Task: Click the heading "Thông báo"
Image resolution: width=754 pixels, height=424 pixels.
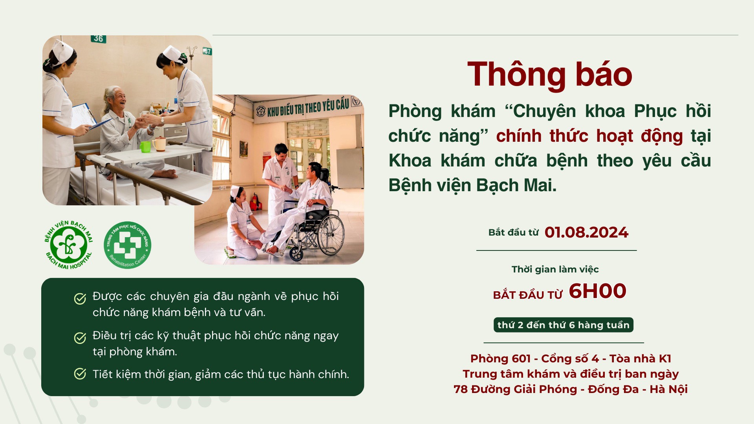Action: [550, 75]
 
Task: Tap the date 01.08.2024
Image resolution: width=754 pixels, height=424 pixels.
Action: [586, 232]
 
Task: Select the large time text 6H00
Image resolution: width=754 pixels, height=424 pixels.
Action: [597, 291]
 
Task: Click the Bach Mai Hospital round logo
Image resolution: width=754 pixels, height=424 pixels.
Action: [68, 245]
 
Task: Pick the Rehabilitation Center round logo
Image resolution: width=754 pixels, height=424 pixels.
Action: [127, 245]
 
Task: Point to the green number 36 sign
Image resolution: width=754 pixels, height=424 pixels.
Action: [98, 38]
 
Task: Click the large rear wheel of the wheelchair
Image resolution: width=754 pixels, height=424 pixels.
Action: [331, 235]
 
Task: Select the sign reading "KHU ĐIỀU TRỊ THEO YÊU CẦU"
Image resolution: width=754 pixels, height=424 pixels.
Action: [308, 107]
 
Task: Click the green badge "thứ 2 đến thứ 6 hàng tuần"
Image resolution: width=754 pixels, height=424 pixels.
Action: [563, 325]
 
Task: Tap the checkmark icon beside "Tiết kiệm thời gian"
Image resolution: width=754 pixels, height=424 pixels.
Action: [80, 374]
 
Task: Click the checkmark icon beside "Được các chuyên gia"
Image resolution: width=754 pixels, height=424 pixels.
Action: [80, 299]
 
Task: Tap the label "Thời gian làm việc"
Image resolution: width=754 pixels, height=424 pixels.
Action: [555, 269]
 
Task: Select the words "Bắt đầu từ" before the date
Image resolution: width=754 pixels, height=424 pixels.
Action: [513, 232]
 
